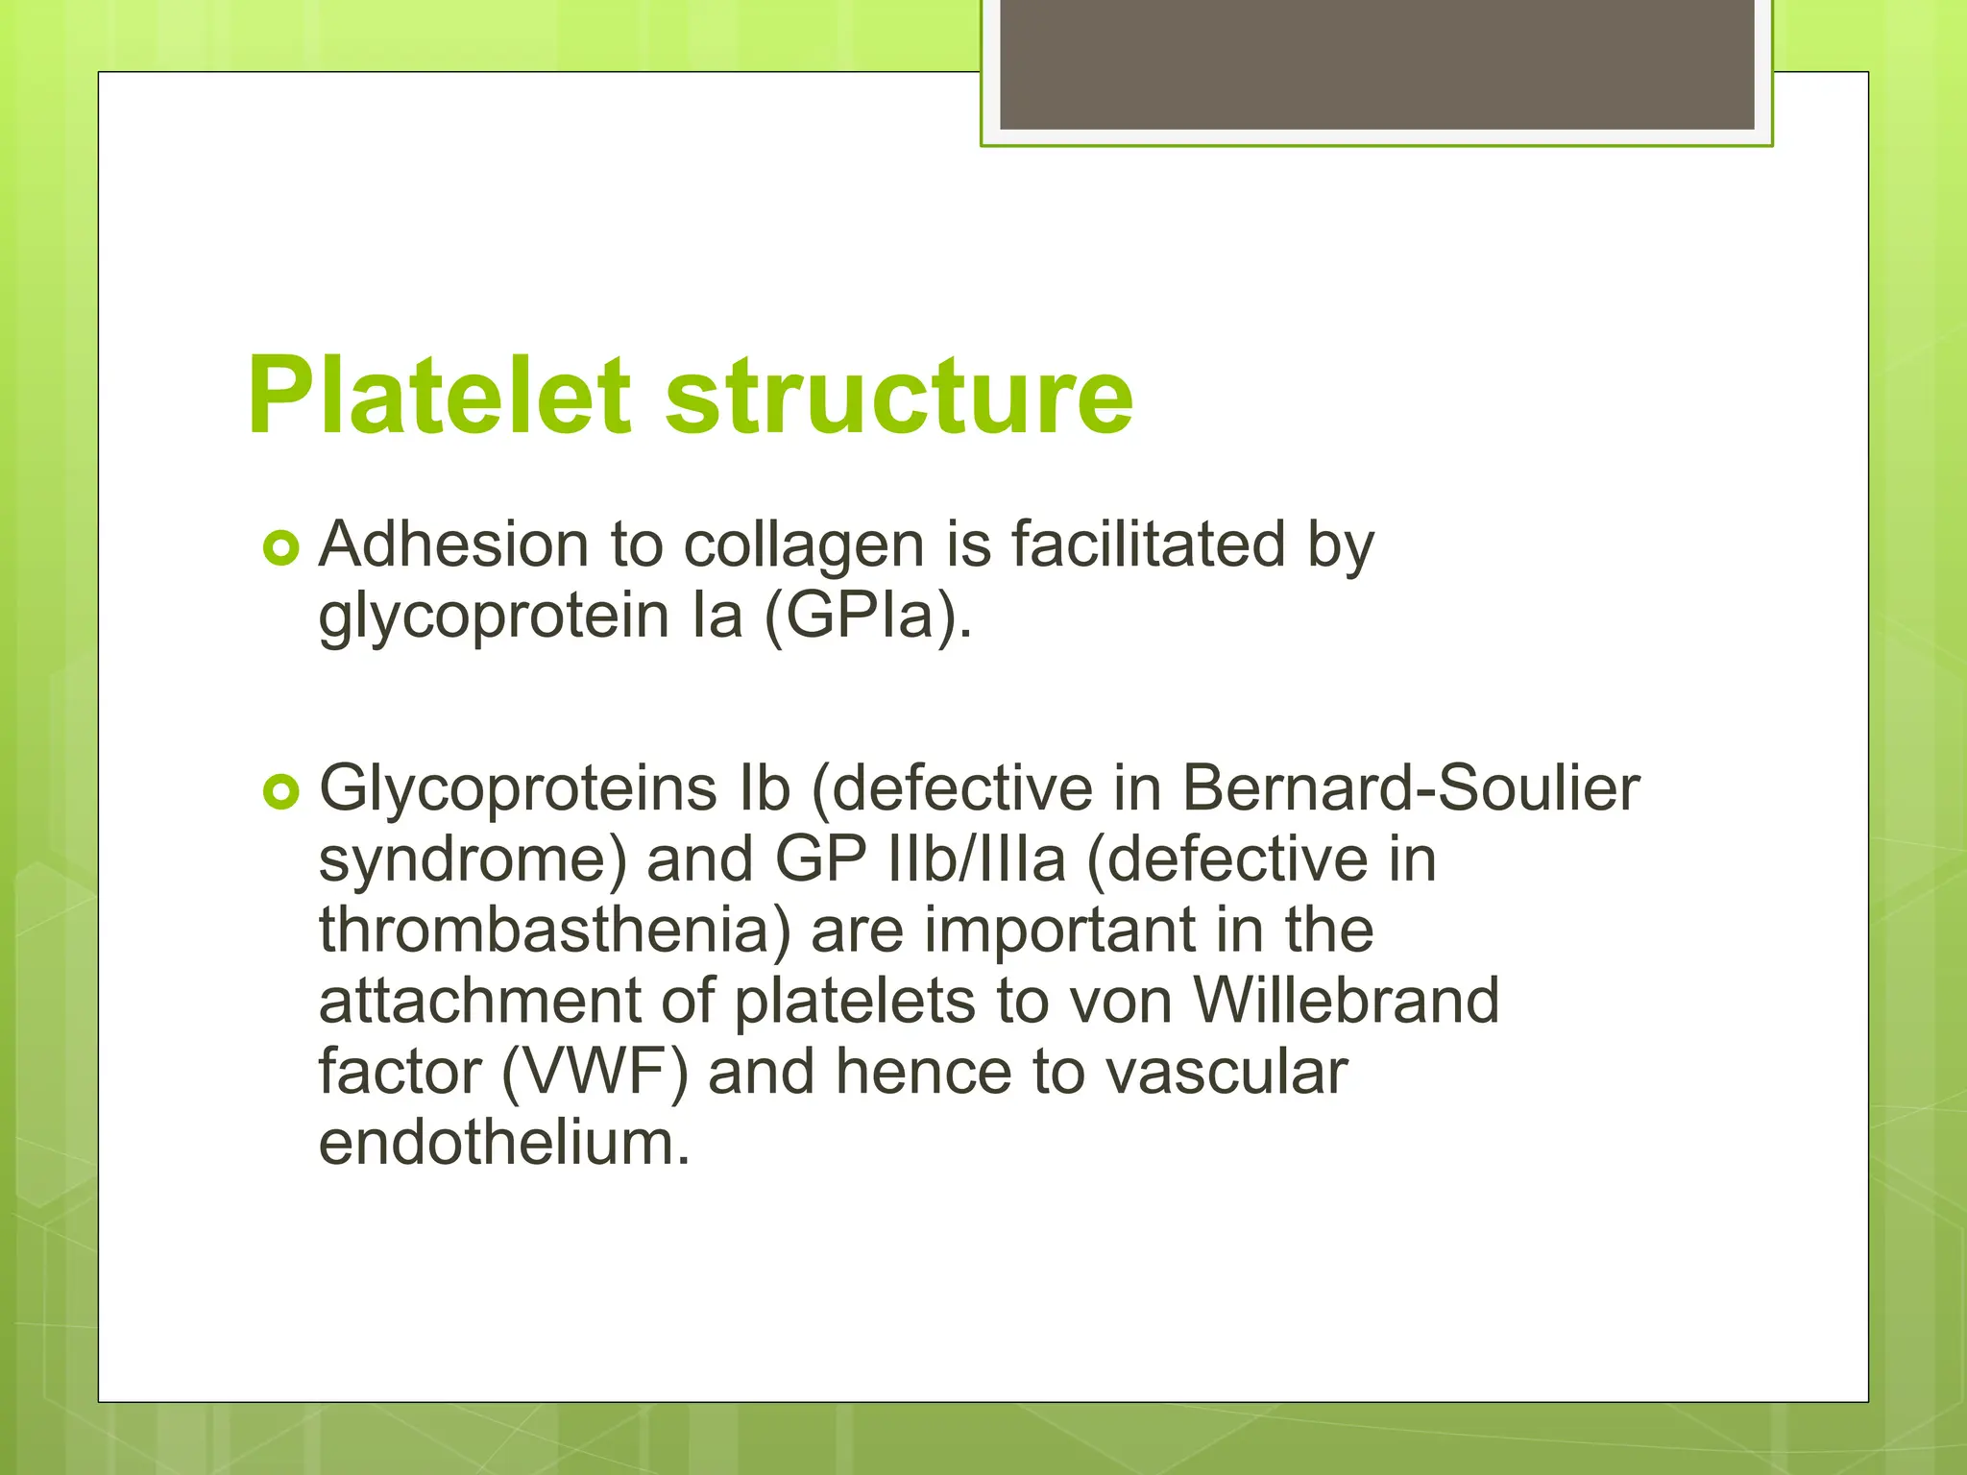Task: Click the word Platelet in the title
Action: tap(438, 396)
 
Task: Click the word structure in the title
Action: tap(899, 396)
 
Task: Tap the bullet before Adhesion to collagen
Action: tap(280, 548)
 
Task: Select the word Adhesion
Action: tap(453, 544)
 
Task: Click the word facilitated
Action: tap(1148, 544)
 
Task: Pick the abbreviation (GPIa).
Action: tap(868, 617)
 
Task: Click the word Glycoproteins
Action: tap(518, 790)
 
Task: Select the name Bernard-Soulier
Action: tap(1410, 788)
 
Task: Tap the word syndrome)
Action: tap(473, 861)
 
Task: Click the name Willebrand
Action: tap(1346, 1001)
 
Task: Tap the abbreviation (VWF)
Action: tap(595, 1073)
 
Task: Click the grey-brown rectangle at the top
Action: tap(1376, 63)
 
